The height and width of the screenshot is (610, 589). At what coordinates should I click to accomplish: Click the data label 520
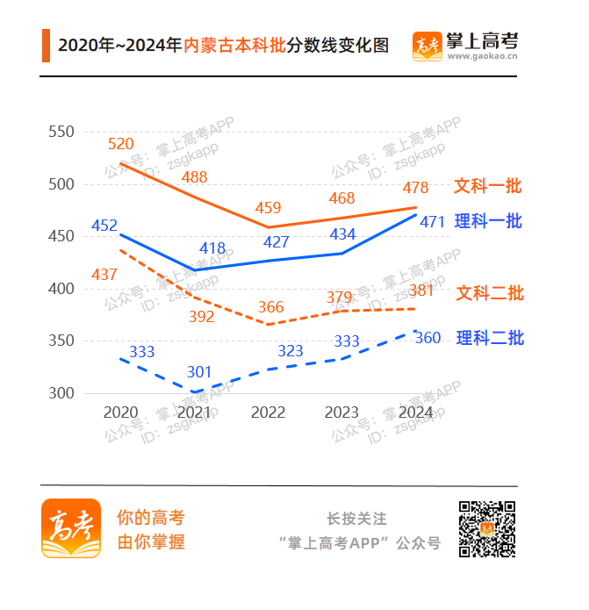point(121,144)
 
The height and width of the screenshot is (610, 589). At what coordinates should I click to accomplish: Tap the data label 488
point(194,177)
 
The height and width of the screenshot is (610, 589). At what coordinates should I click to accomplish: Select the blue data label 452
point(104,226)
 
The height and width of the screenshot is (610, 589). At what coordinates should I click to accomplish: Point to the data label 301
point(199,372)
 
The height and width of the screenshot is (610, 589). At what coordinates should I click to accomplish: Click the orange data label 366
point(270,307)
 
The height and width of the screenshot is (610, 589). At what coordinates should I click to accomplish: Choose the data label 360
point(427,339)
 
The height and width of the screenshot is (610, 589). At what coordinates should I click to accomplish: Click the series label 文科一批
point(488,186)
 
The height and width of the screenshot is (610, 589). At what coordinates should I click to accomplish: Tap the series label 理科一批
point(488,221)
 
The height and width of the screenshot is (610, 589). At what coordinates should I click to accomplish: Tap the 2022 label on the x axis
point(268,413)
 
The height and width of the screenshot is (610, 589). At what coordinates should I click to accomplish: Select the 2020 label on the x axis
point(120,413)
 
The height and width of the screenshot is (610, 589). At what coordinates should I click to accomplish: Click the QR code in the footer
point(486,528)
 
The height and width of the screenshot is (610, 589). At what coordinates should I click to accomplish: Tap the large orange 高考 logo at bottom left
point(71,528)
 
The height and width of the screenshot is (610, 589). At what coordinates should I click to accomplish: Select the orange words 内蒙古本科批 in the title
point(235,46)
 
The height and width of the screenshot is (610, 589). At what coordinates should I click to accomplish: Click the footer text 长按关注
point(356,519)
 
